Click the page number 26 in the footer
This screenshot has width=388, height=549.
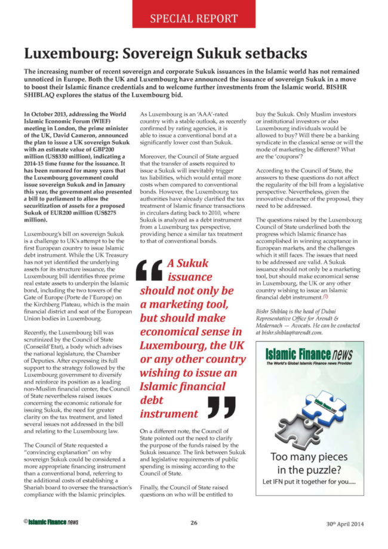[x=194, y=522]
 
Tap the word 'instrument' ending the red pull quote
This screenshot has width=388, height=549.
[x=169, y=413]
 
